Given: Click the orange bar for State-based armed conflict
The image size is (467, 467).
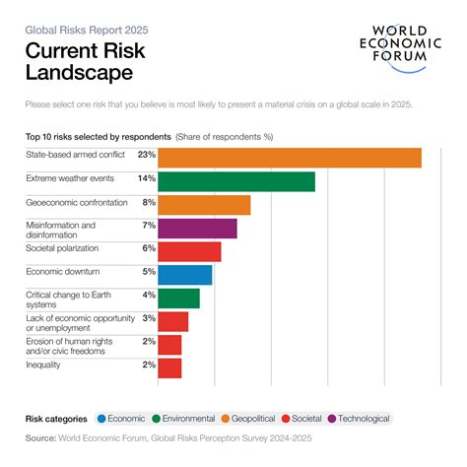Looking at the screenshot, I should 289,158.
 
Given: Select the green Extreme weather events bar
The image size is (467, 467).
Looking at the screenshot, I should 235,181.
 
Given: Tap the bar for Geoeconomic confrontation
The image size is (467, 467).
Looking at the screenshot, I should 203,205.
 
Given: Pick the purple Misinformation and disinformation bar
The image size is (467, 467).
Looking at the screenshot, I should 197,229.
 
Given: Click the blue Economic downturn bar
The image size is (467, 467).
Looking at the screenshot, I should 184,275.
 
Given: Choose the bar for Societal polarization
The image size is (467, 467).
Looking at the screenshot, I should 189,251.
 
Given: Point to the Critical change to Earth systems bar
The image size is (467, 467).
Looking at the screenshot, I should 178,299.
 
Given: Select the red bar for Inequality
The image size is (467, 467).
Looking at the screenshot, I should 169,367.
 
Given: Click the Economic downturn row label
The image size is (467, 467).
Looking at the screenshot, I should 63,271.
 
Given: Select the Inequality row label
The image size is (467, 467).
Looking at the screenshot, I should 43,365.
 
